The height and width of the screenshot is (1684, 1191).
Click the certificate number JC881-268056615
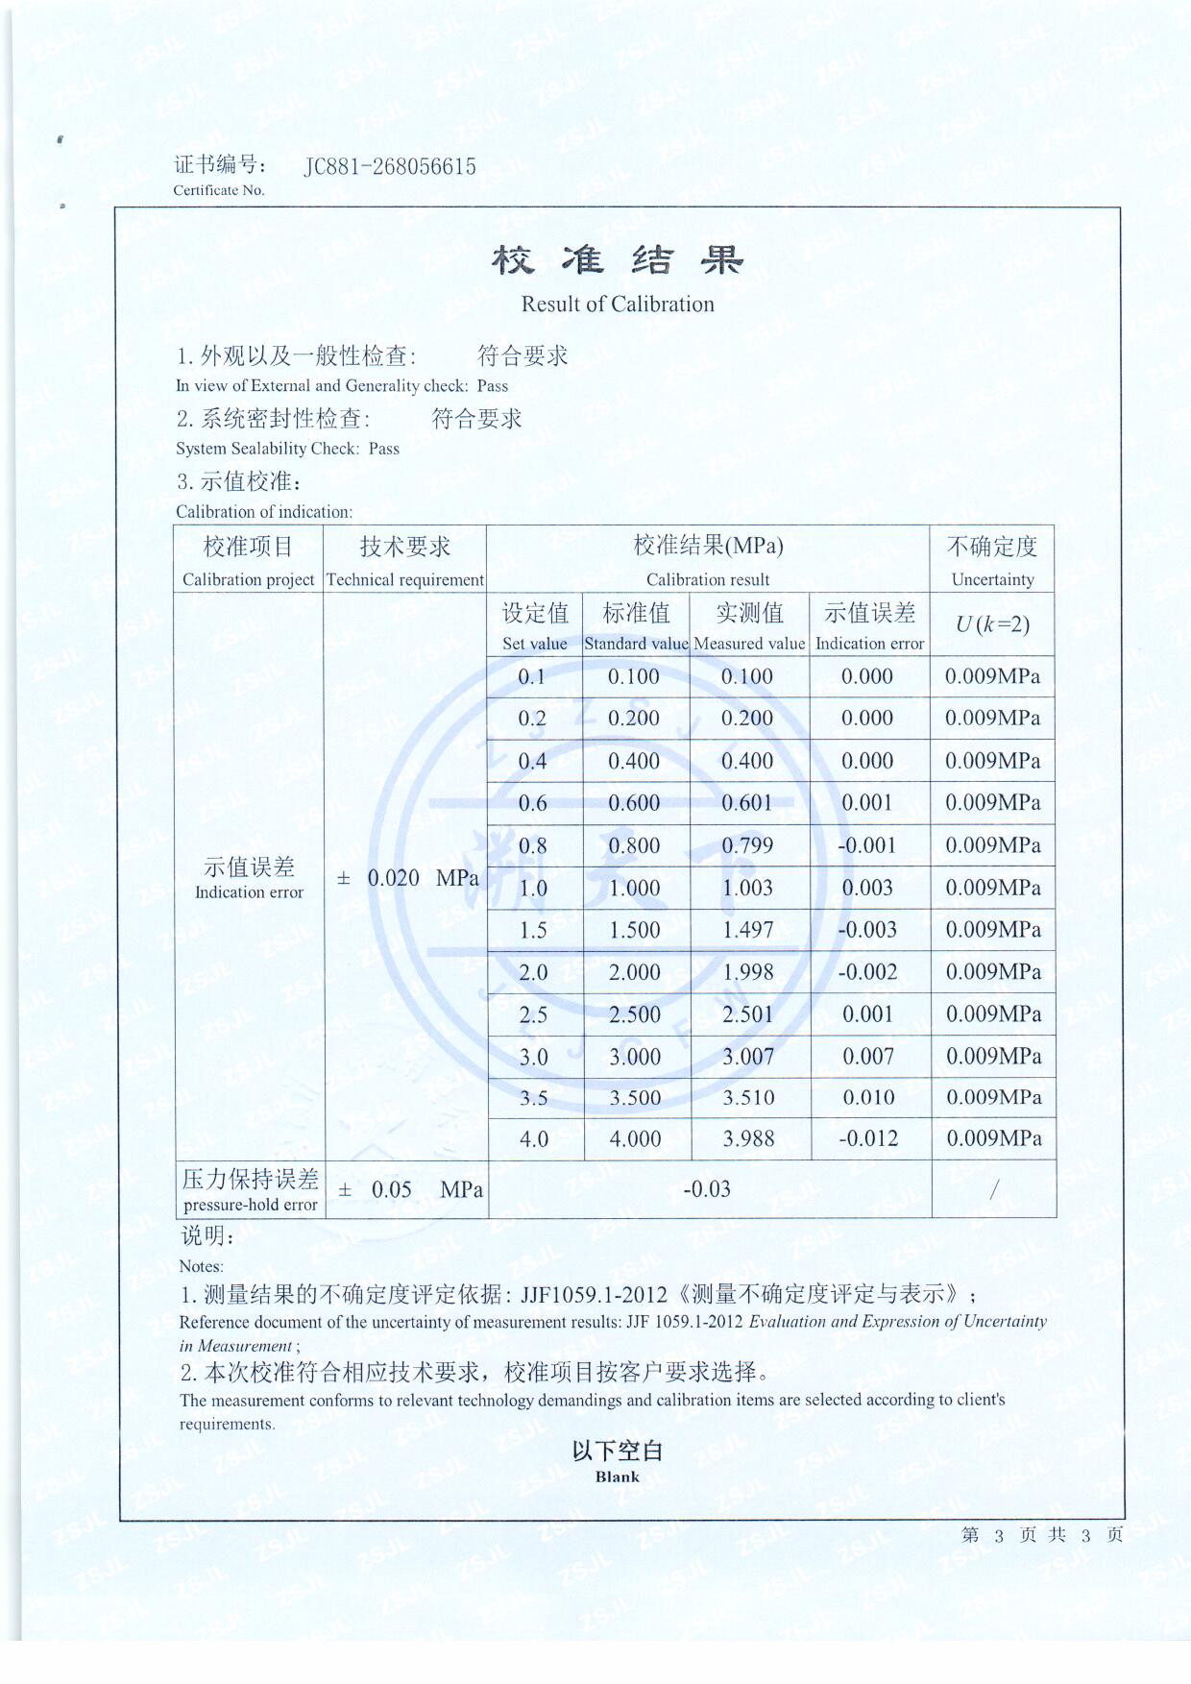tap(390, 167)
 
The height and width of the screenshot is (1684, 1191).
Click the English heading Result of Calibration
tap(618, 305)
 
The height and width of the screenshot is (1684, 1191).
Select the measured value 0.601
tap(747, 803)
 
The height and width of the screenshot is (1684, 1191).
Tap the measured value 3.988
tap(748, 1139)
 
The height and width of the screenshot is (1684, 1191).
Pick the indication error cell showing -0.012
tap(868, 1139)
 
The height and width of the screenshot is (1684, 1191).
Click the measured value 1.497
tap(747, 930)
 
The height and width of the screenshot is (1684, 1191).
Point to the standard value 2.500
tap(635, 1014)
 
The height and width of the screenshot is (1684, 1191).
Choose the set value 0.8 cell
tap(533, 846)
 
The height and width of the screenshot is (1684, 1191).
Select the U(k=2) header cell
tap(992, 624)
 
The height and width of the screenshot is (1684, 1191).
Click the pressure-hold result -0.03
tap(707, 1189)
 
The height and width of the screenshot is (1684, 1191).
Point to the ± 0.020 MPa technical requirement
tap(407, 878)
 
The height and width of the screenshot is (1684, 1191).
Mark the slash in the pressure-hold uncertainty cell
tap(994, 1190)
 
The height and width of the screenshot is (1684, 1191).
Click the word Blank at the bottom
tap(617, 1477)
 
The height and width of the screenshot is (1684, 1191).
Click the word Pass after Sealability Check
tap(383, 449)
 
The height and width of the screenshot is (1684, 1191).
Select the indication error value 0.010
tap(868, 1098)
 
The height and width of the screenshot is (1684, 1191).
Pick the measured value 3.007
tap(748, 1057)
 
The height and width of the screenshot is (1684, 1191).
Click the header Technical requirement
tap(405, 580)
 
